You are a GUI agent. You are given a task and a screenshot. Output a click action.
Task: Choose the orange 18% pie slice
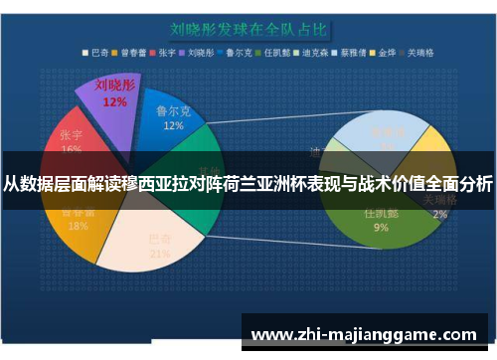[72, 225]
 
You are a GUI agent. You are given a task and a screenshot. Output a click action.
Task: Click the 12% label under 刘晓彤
[114, 101]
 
